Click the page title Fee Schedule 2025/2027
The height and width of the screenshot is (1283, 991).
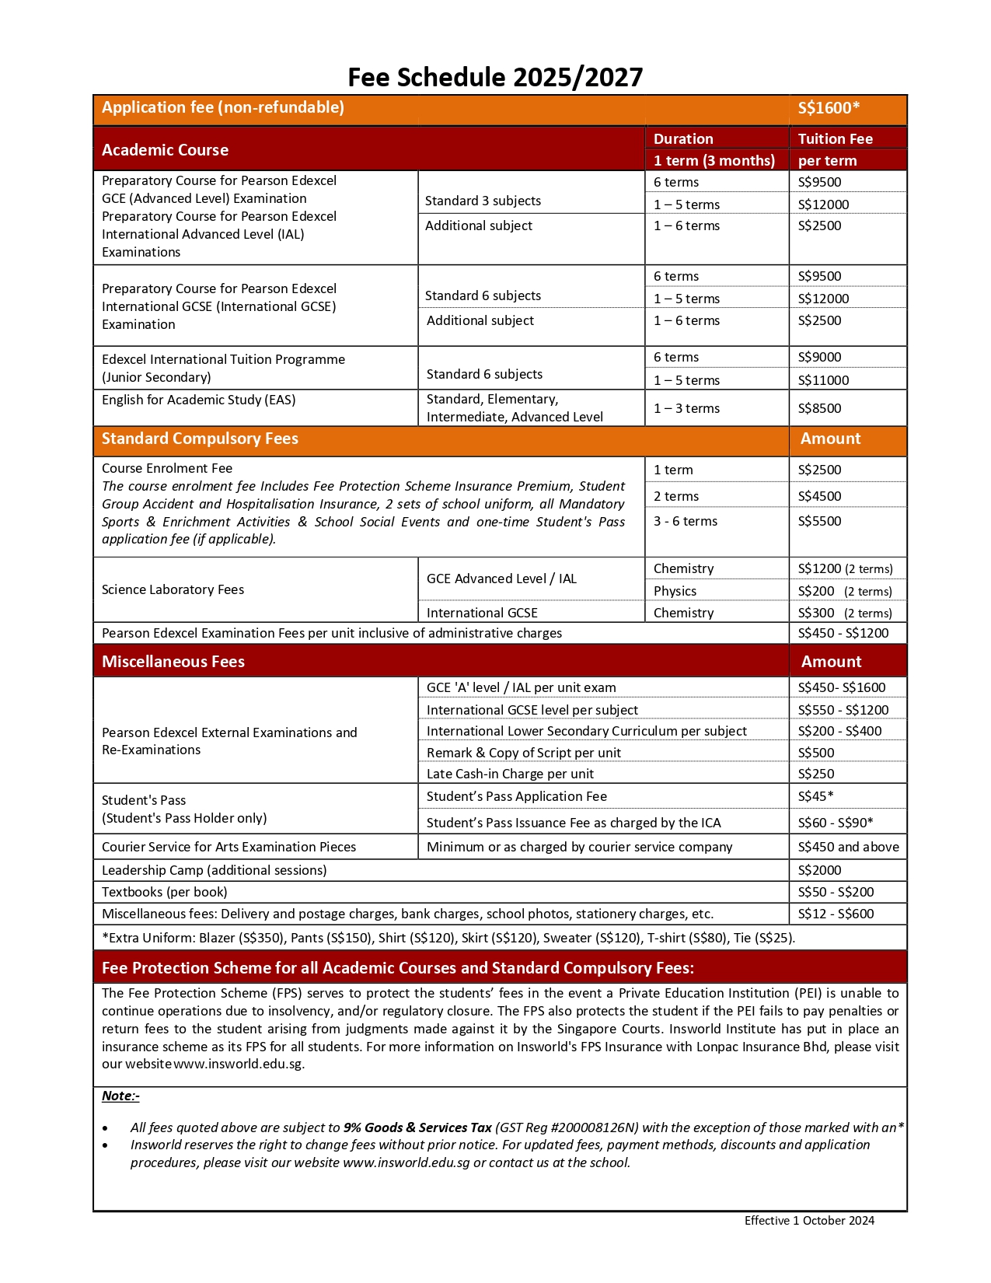coord(495,77)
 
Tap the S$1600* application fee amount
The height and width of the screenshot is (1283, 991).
coord(829,108)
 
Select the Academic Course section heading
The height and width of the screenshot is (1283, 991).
coord(165,150)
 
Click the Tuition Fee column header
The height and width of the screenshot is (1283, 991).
coord(835,139)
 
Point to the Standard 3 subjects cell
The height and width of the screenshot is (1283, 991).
coord(483,201)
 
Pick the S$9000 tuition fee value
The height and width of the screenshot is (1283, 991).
coord(819,357)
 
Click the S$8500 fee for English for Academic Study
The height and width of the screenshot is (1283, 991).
coord(819,408)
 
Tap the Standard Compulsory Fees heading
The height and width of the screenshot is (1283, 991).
coord(200,439)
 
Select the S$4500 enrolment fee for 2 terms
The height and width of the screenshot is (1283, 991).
coord(819,496)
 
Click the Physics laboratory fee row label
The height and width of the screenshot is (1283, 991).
coord(675,591)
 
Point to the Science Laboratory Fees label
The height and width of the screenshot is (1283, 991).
coord(173,589)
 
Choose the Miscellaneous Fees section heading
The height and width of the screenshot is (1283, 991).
coord(173,662)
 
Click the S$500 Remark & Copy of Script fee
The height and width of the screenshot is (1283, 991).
coord(816,753)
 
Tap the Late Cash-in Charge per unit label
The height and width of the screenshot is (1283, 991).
coord(510,774)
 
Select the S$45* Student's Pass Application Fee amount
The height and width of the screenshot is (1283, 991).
coord(815,796)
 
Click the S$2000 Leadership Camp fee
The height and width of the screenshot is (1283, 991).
coord(819,870)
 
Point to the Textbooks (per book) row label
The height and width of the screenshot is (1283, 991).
coord(165,892)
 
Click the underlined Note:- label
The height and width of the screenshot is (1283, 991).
coord(120,1096)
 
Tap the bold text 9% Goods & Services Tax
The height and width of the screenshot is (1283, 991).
coord(417,1127)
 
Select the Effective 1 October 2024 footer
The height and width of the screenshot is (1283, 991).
coord(809,1221)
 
